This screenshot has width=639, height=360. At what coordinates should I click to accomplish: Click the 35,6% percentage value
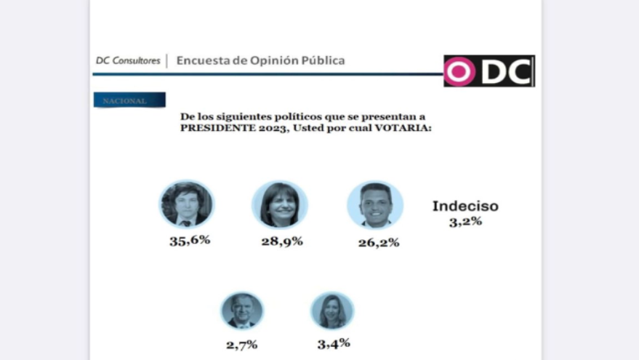pos(190,240)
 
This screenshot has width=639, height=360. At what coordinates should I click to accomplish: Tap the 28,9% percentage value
pos(282,240)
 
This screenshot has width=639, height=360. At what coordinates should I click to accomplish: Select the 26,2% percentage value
pos(378,242)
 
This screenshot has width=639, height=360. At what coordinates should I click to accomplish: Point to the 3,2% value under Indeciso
pos(465,221)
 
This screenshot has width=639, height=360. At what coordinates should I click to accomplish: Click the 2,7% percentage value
pos(241,345)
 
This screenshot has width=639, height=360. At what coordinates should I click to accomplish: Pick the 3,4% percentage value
pos(334,343)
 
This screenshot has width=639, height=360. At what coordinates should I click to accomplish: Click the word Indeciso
pos(465,206)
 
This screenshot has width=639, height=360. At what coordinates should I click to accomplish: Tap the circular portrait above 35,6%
pos(187,204)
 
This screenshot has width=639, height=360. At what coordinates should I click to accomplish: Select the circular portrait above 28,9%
pos(280,204)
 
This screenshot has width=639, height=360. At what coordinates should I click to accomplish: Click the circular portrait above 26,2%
pos(375,204)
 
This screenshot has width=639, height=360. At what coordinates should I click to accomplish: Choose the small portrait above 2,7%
pos(241,311)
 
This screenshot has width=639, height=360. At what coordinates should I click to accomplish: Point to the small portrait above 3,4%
pos(332,311)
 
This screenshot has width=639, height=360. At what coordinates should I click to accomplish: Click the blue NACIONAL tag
pos(129,100)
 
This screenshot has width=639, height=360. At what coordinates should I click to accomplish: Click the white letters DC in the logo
pos(506,71)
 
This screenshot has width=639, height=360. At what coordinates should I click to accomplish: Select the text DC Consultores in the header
pos(128,60)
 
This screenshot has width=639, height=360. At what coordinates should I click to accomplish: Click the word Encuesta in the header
pos(200,60)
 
